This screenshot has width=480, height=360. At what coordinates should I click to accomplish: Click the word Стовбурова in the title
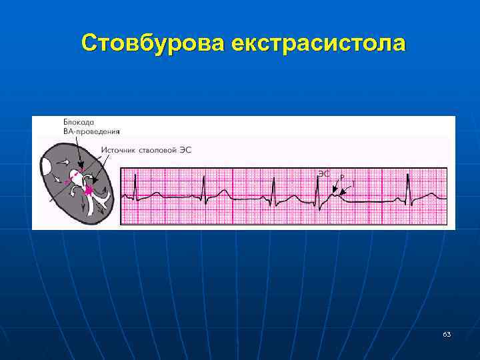(151, 43)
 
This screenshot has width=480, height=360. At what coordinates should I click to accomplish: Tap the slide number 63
(446, 333)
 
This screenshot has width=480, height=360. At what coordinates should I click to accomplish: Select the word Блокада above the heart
(79, 123)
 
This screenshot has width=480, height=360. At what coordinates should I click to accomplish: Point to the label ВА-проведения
(91, 131)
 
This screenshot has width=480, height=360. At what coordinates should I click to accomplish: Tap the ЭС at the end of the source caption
(186, 150)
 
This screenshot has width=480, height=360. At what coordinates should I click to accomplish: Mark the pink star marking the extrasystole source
(87, 190)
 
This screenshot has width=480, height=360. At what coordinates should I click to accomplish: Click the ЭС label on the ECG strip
(323, 173)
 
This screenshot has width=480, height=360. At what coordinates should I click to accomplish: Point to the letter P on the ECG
(342, 177)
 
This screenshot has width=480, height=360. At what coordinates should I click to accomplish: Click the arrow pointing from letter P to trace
(337, 187)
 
